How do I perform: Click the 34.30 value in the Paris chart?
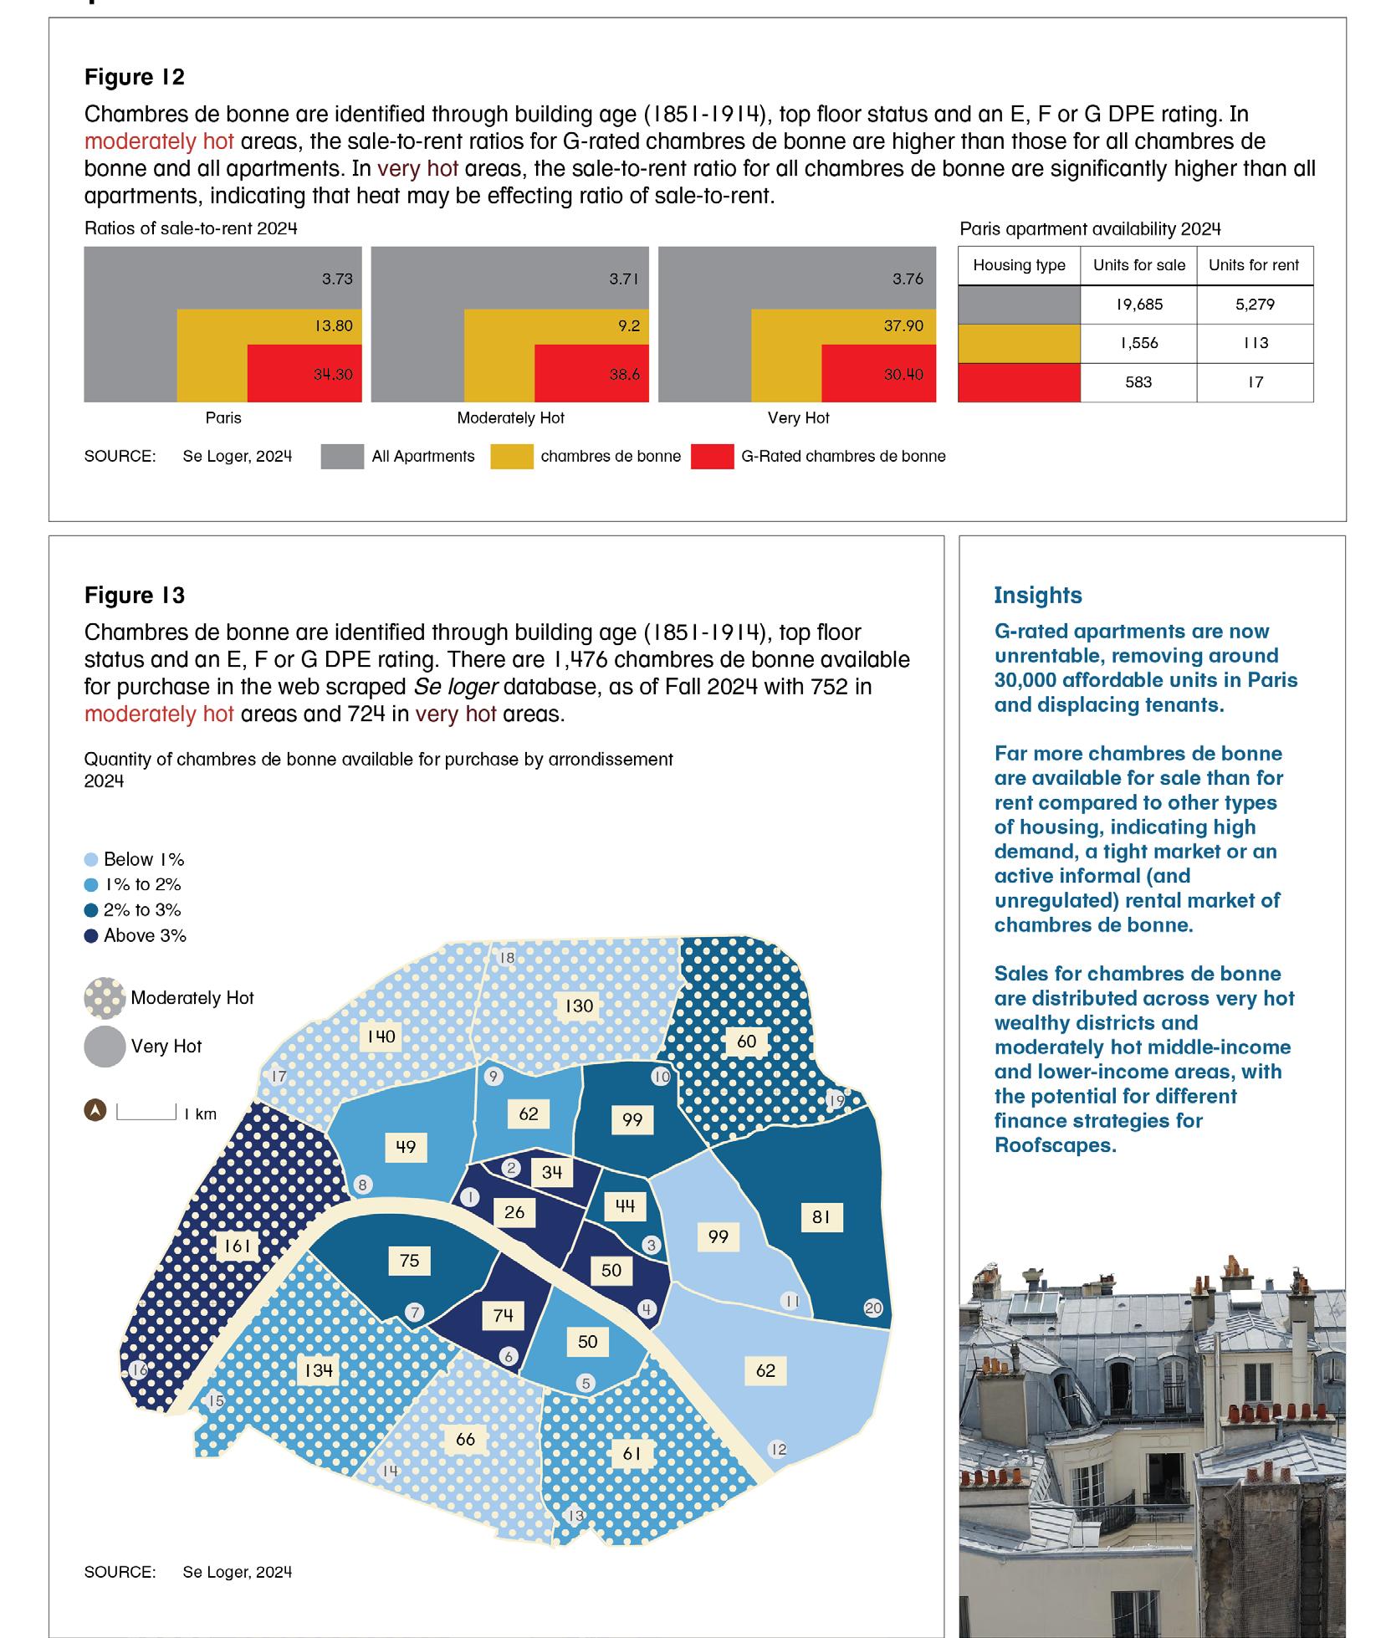[333, 375]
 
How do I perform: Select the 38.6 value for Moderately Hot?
[624, 375]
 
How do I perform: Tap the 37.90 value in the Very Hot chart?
[903, 325]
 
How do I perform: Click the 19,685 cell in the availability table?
[1138, 305]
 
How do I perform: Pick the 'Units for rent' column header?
[1254, 265]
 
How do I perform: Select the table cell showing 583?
[1138, 382]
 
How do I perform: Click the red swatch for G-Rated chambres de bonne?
[712, 457]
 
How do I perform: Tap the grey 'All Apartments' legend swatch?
[342, 457]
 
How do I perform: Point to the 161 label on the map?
[237, 1246]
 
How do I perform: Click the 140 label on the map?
[381, 1037]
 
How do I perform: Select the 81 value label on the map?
[821, 1217]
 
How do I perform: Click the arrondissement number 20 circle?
[873, 1308]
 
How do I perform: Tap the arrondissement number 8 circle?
[362, 1185]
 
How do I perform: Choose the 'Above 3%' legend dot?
[91, 936]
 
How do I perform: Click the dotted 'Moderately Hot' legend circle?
[105, 998]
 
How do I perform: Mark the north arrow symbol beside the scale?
[96, 1111]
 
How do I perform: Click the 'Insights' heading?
[1037, 596]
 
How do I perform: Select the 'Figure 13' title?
[134, 596]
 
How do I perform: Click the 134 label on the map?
[319, 1370]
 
